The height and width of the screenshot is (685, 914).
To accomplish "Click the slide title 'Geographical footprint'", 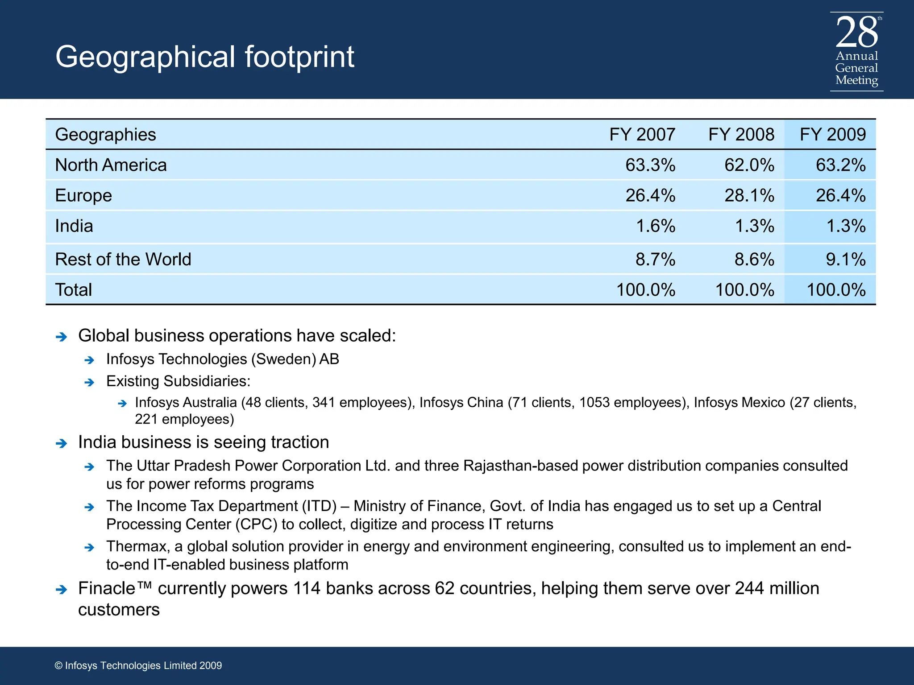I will pos(205,57).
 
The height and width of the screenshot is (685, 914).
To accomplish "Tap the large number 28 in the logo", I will pos(856,33).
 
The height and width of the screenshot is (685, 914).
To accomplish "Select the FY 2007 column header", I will pos(642,135).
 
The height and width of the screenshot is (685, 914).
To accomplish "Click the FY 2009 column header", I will pos(832,135).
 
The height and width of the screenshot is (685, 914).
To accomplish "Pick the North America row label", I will pos(111,165).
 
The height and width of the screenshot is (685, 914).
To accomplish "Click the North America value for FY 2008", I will pos(749,165).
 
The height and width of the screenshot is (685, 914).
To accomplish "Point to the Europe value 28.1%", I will pos(749,195).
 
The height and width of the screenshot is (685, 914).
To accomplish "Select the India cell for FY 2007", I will pos(655,226).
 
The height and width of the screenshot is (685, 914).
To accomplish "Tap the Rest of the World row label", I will pos(123,259).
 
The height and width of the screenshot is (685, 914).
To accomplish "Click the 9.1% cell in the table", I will pos(845,259).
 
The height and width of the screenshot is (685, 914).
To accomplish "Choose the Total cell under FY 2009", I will pos(836,290).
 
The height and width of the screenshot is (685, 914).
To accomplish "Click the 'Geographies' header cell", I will pos(105,135).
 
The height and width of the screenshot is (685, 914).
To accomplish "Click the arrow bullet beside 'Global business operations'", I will pos(61,337).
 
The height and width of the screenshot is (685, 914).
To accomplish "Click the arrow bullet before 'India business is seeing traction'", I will pos(61,443).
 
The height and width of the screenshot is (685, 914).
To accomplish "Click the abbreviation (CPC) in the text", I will pos(256,524).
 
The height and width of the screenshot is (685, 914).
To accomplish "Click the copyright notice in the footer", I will pos(138,665).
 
